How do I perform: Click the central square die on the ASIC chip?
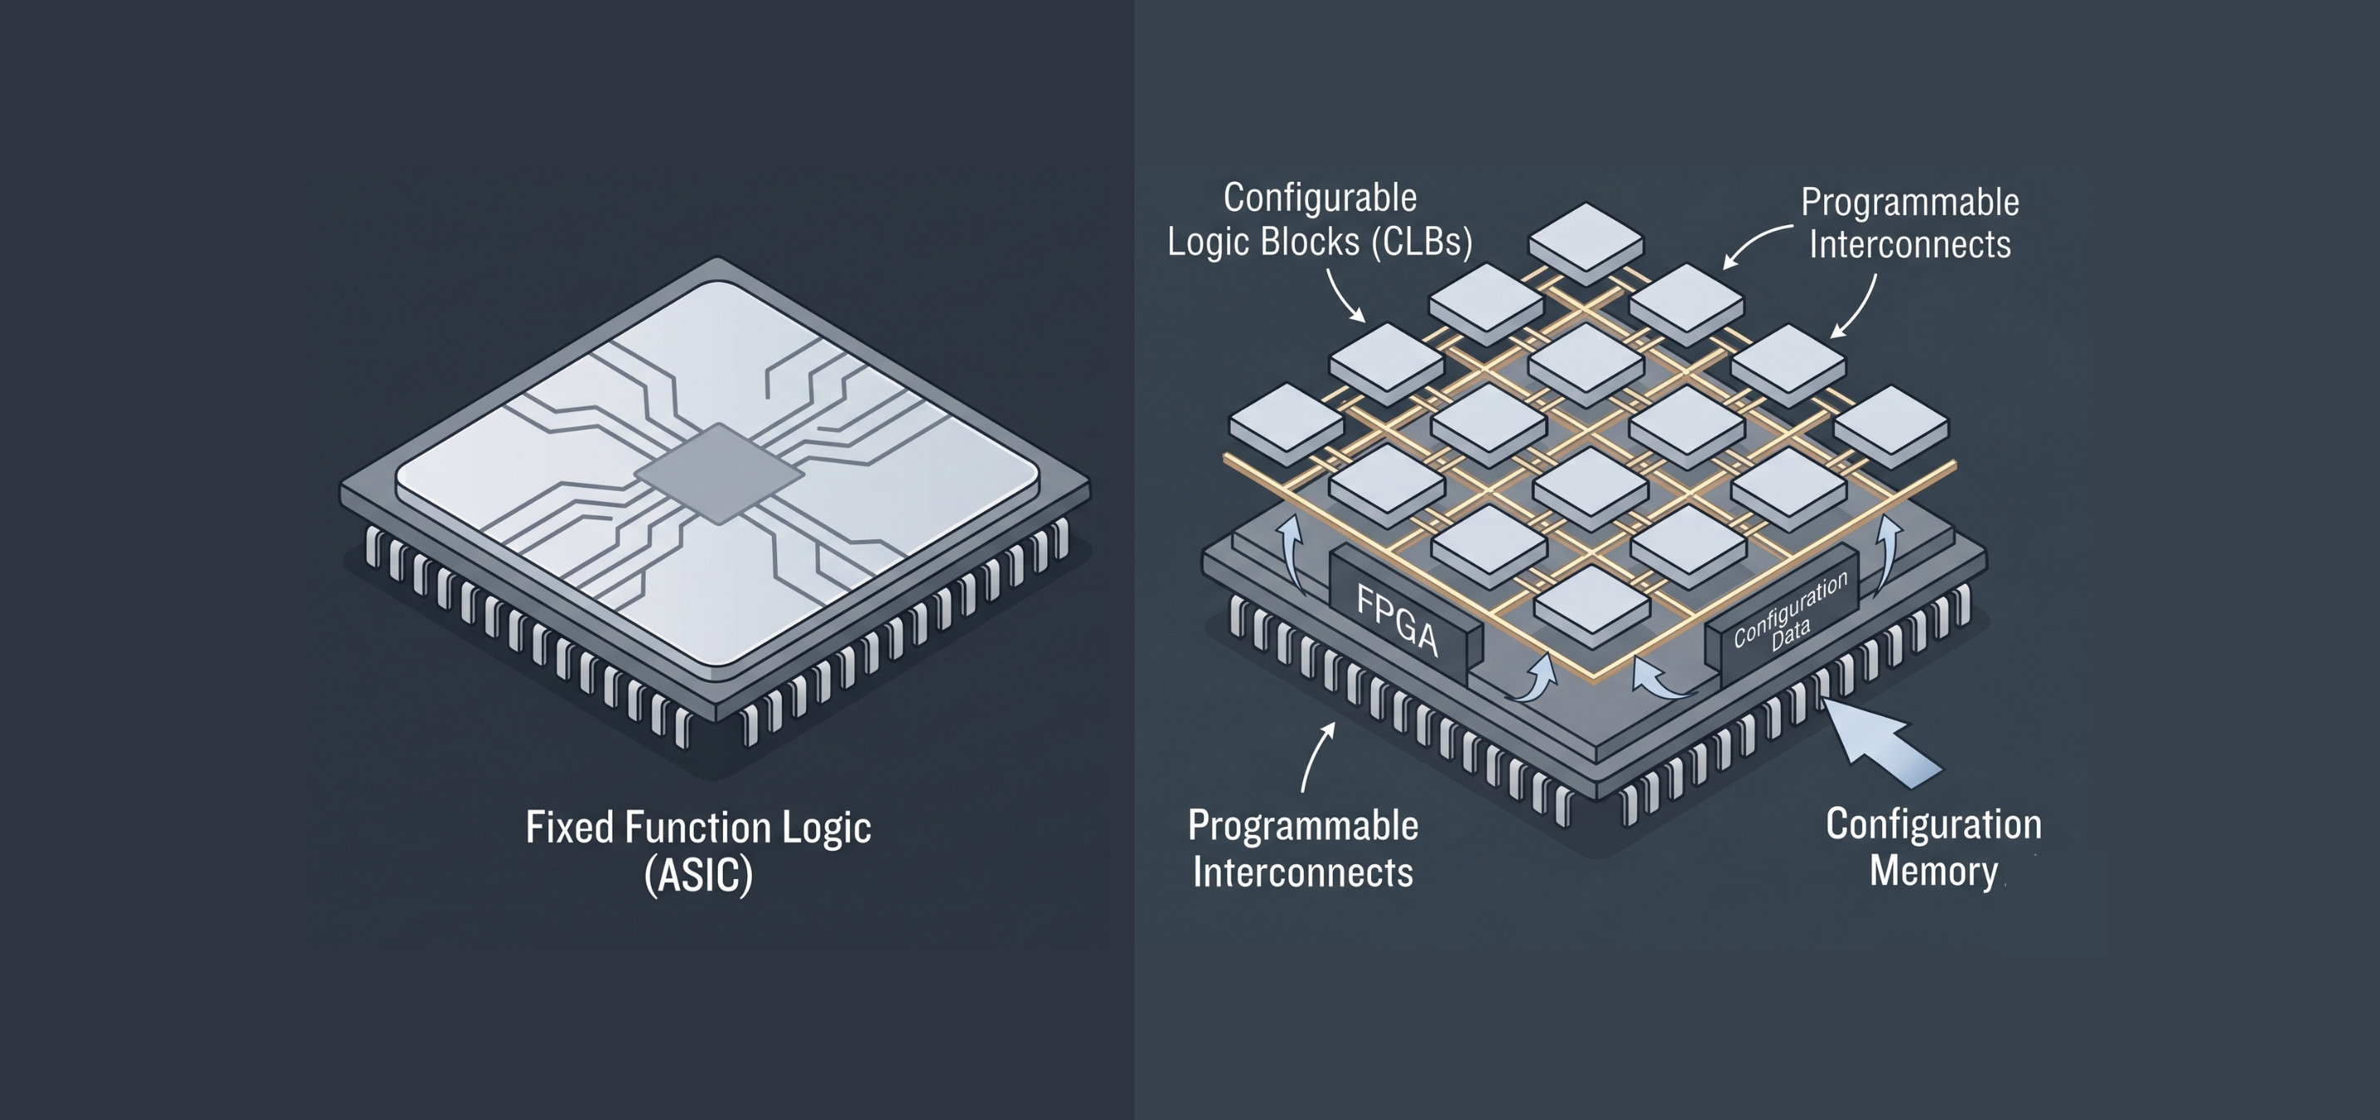pos(718,473)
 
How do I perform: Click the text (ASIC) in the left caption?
pos(699,874)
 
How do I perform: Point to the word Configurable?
pos(1320,198)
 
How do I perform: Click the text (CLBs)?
pos(1422,242)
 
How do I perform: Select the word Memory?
pos(1934,871)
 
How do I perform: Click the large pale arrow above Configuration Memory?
pos(1881,743)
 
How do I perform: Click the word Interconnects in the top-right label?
pos(1910,245)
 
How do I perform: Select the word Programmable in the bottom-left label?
pos(1303,826)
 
